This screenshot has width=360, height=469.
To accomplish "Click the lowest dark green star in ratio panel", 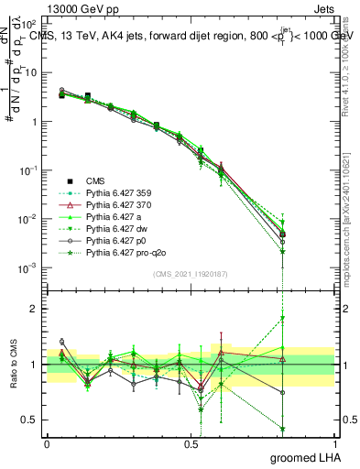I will click(x=283, y=429).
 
